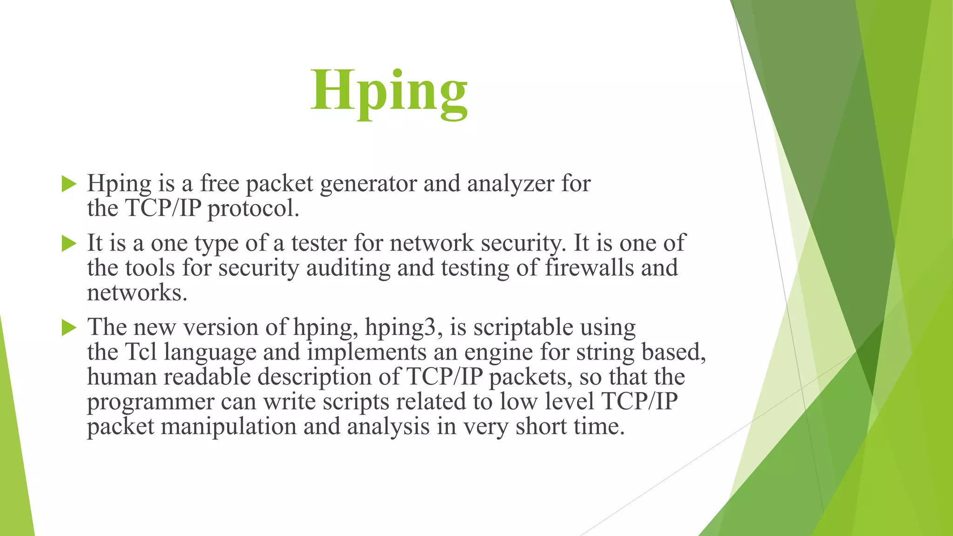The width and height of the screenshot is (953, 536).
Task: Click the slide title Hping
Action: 389,91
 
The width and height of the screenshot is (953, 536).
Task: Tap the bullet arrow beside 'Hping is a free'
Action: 69,184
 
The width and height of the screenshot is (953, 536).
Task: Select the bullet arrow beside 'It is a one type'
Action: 69,243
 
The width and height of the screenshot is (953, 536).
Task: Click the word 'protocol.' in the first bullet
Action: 253,208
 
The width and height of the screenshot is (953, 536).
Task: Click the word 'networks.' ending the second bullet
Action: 137,293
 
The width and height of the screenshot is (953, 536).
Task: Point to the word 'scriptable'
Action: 523,328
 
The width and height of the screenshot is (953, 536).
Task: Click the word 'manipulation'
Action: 228,427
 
